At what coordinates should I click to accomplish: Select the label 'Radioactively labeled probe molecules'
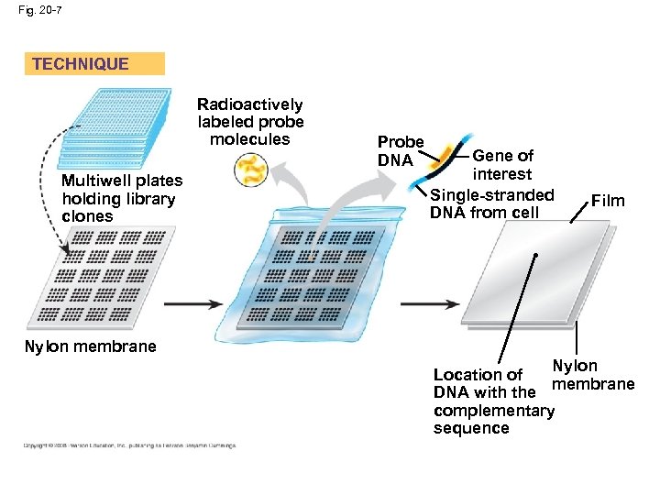pos(250,122)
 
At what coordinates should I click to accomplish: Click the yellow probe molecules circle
pos(250,170)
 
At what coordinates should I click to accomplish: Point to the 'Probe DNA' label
pos(401,151)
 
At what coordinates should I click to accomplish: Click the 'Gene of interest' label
pos(502,165)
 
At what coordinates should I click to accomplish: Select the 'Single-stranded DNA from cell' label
pos(491,203)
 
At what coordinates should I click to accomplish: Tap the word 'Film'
pos(608,201)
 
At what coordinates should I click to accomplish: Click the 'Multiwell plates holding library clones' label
pos(121,199)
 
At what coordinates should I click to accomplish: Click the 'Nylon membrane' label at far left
pos(90,346)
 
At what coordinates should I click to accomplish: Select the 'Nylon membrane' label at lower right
pos(593,375)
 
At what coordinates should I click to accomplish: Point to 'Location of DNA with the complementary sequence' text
pos(492,401)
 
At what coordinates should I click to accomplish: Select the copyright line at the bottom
pos(129,446)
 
